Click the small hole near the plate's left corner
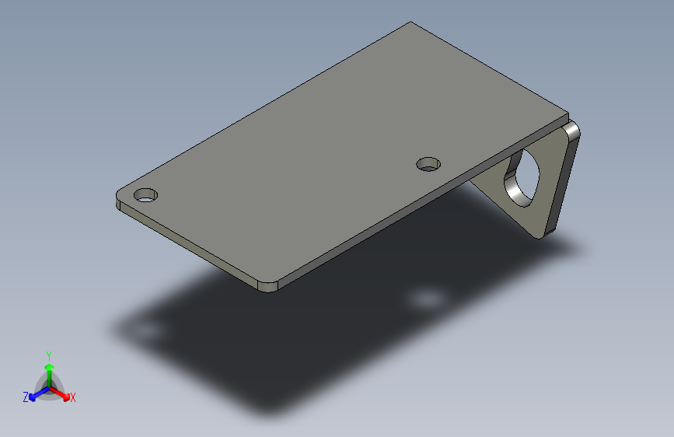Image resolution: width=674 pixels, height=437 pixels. click(x=145, y=194)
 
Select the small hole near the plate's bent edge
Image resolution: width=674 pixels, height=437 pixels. click(x=428, y=164)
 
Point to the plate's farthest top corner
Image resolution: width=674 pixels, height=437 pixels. click(x=410, y=23)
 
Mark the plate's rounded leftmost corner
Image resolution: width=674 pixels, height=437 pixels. click(x=119, y=195)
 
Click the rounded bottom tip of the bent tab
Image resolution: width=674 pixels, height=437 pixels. click(x=544, y=232)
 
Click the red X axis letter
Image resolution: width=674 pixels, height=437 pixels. click(x=73, y=397)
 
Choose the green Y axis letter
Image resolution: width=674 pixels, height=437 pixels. click(x=48, y=355)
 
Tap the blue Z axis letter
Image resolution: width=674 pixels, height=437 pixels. click(x=26, y=397)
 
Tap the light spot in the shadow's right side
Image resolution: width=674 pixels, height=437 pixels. click(x=426, y=299)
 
